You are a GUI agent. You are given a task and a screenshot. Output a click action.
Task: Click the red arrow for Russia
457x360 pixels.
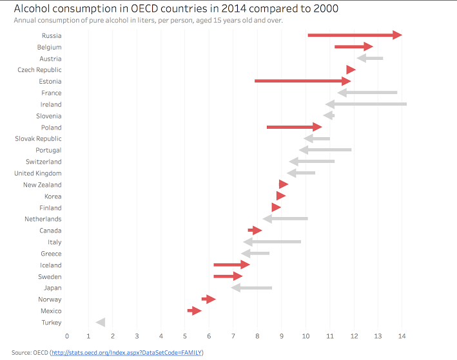click(355, 35)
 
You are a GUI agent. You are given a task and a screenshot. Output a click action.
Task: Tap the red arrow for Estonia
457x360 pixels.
click(302, 81)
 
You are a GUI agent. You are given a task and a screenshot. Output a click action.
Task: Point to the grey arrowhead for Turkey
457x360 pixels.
click(101, 322)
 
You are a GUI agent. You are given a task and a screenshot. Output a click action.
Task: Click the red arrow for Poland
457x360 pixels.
click(294, 127)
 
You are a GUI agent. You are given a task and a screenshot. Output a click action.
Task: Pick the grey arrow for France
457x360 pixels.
click(367, 93)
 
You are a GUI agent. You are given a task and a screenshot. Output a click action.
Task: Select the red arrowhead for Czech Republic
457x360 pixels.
click(351, 70)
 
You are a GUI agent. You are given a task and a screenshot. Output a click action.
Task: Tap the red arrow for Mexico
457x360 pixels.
click(195, 310)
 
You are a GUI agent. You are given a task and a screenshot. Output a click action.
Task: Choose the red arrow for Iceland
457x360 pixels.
click(231, 265)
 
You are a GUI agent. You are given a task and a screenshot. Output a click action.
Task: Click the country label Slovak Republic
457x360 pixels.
click(39, 138)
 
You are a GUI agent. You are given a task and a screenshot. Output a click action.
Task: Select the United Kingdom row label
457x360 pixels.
click(38, 173)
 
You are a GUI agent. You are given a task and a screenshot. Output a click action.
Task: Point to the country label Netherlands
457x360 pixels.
click(43, 219)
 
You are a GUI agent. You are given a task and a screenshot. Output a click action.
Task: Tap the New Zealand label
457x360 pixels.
click(43, 185)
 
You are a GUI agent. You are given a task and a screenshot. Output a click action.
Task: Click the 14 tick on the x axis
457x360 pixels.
click(402, 336)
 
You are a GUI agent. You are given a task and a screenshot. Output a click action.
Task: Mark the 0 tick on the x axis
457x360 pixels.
click(66, 336)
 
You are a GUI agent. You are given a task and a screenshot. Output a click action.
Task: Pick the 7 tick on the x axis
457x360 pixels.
click(234, 336)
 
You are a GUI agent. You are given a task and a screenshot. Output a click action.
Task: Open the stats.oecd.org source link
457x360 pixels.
click(127, 352)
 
